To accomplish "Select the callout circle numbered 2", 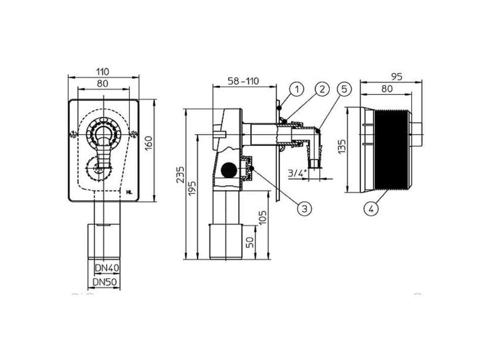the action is pyautogui.click(x=322, y=89).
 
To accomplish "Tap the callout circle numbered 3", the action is pyautogui.click(x=305, y=209).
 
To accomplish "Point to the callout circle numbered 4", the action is pyautogui.click(x=371, y=209).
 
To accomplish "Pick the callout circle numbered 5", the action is pyautogui.click(x=344, y=89).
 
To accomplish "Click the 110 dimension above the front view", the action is pyautogui.click(x=102, y=72).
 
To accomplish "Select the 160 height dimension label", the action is pyautogui.click(x=149, y=143).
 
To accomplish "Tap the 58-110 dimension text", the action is pyautogui.click(x=243, y=81).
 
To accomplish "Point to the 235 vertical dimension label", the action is pyautogui.click(x=181, y=175).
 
